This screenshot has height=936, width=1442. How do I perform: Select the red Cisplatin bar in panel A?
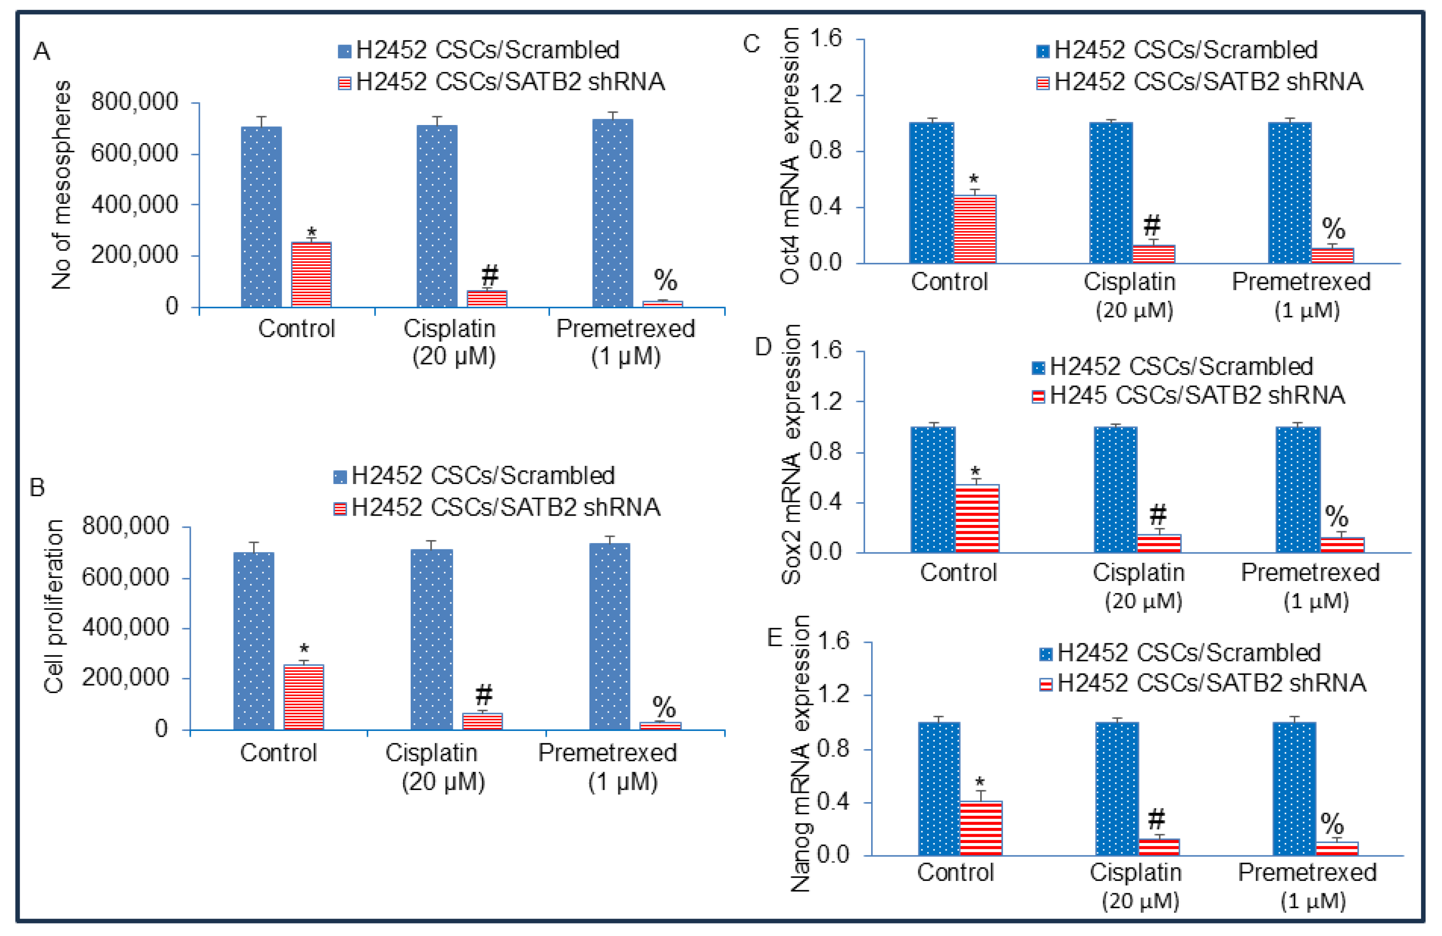point(486,299)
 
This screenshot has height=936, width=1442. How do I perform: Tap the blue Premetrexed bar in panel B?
point(610,636)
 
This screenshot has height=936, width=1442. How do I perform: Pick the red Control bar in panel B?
point(303,697)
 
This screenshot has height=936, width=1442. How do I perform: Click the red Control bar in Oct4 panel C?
point(975,229)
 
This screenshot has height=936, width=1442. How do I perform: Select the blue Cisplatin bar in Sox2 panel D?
point(1115,489)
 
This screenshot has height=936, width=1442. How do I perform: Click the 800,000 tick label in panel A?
point(134,102)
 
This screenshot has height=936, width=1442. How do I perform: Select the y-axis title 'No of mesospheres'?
point(61,185)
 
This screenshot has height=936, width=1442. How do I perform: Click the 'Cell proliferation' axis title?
point(53,606)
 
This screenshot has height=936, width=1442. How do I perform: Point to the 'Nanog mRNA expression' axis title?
point(800,754)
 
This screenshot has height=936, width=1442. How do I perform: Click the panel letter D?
point(763,347)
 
